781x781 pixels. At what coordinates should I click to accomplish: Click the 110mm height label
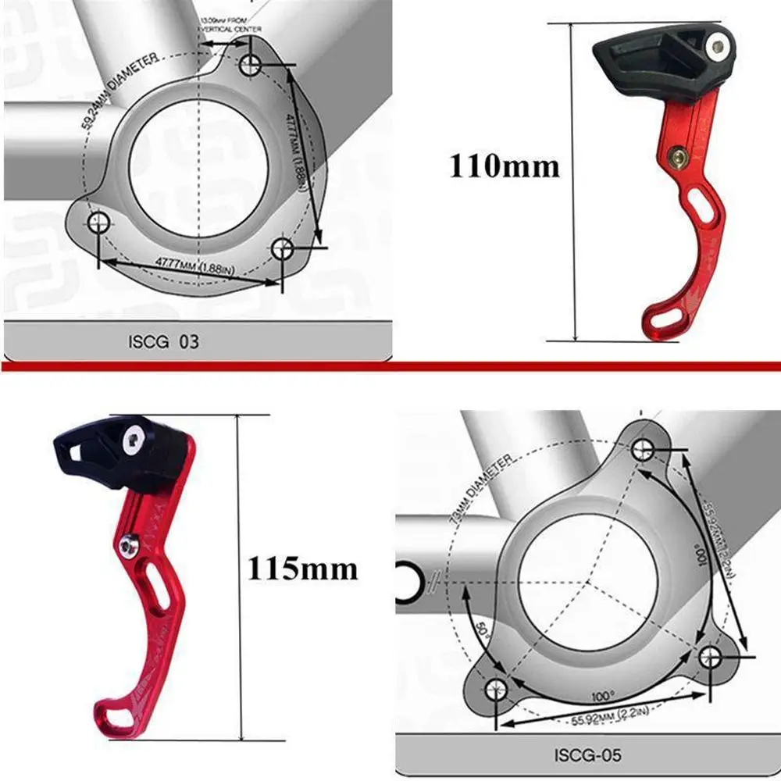click(504, 166)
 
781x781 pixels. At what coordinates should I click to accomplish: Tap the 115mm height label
click(302, 568)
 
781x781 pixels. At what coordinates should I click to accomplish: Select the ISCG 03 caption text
click(162, 341)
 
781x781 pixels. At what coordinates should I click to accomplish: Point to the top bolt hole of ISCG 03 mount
click(251, 66)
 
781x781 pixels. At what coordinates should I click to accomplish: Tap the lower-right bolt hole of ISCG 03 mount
click(284, 249)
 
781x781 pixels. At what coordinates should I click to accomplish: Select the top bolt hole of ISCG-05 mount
click(643, 448)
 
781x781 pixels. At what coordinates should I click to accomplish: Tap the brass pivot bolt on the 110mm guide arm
click(679, 159)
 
